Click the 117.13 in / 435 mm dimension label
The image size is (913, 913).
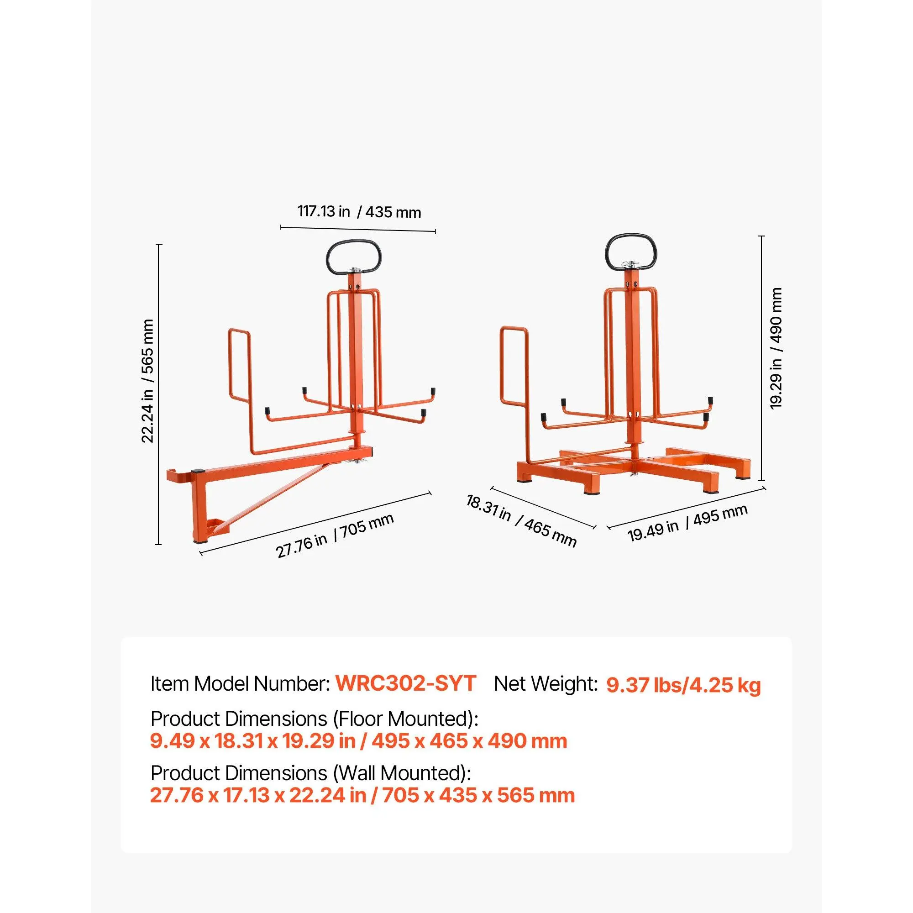click(359, 211)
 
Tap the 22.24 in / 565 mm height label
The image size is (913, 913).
click(148, 381)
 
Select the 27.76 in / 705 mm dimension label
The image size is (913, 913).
click(335, 535)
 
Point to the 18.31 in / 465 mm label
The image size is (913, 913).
click(521, 520)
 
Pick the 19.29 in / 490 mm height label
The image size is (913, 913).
click(776, 348)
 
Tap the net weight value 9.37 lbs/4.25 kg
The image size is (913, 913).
click(683, 685)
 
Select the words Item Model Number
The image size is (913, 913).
click(240, 684)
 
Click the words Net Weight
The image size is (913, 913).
click(546, 684)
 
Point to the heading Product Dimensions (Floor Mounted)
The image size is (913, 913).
click(314, 719)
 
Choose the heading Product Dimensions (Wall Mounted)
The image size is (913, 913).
click(311, 774)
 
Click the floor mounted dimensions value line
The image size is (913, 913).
click(359, 741)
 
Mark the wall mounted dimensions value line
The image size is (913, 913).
click(362, 796)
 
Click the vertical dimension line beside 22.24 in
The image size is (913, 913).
click(159, 394)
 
